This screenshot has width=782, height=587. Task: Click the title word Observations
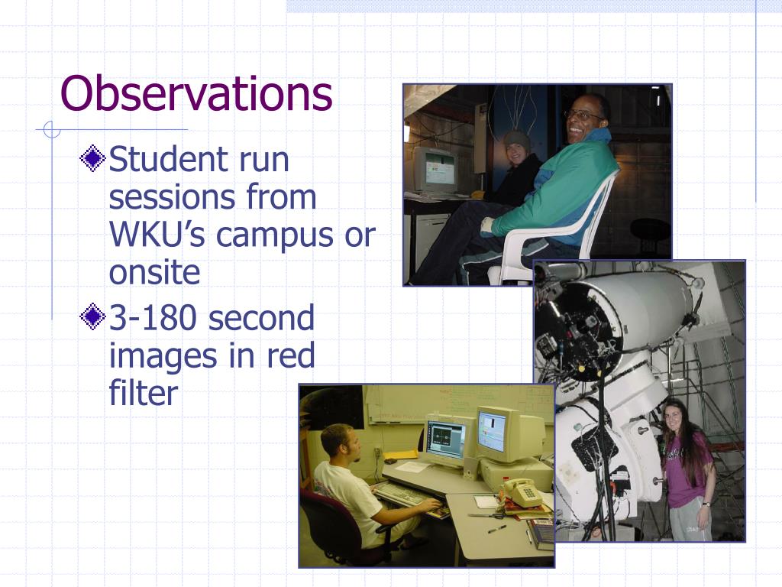[x=196, y=94]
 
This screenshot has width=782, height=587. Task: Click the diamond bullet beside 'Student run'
[x=92, y=158]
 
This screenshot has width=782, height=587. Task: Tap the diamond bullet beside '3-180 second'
[x=92, y=316]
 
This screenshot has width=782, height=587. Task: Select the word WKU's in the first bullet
[x=157, y=234]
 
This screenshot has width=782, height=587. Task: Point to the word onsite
[x=154, y=273]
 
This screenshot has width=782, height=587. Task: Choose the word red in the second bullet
[x=291, y=355]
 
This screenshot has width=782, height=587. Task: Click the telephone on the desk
[x=522, y=492]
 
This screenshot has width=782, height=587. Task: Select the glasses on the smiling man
[x=583, y=116]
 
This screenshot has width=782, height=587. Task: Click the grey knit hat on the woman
[x=517, y=140]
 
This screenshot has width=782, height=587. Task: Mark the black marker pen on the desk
[x=496, y=529]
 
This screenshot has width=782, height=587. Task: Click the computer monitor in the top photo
[x=435, y=169]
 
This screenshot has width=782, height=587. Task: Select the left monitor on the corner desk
[x=446, y=441]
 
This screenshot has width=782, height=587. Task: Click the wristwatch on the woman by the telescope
[x=706, y=504]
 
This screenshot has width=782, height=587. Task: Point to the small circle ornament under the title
[x=52, y=129]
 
